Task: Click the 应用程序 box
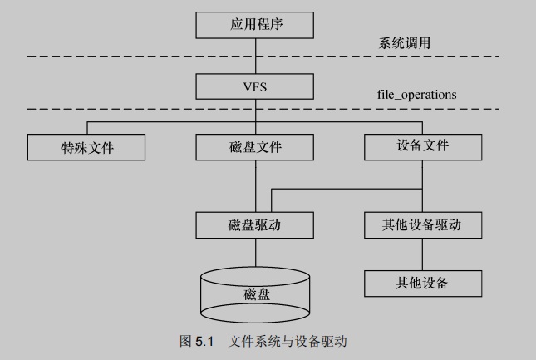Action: coord(256,24)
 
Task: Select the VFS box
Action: coord(256,85)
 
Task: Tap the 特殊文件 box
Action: coord(86,147)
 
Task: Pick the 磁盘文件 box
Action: coord(255,147)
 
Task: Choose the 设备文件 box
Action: coord(424,145)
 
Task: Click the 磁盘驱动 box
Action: coord(255,224)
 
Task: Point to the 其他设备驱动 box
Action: coord(424,224)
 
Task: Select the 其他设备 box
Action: coord(424,283)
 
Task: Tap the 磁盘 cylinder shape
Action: coord(255,296)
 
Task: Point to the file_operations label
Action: coord(416,95)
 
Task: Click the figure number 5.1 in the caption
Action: coord(205,341)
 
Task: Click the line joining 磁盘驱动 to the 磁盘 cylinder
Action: coord(255,253)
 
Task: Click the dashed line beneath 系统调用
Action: coord(125,56)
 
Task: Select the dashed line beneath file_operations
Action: coord(125,109)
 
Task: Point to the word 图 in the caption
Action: coord(185,341)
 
